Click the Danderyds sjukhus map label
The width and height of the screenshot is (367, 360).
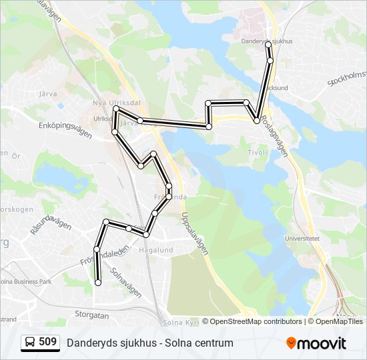point(267,40)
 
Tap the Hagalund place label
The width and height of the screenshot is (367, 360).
point(155,250)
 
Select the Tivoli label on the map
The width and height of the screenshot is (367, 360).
point(257,152)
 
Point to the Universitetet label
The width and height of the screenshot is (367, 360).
point(302,238)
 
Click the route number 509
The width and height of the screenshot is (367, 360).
point(47,342)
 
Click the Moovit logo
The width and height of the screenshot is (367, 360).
point(316,343)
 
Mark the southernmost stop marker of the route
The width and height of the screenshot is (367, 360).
point(98,283)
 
